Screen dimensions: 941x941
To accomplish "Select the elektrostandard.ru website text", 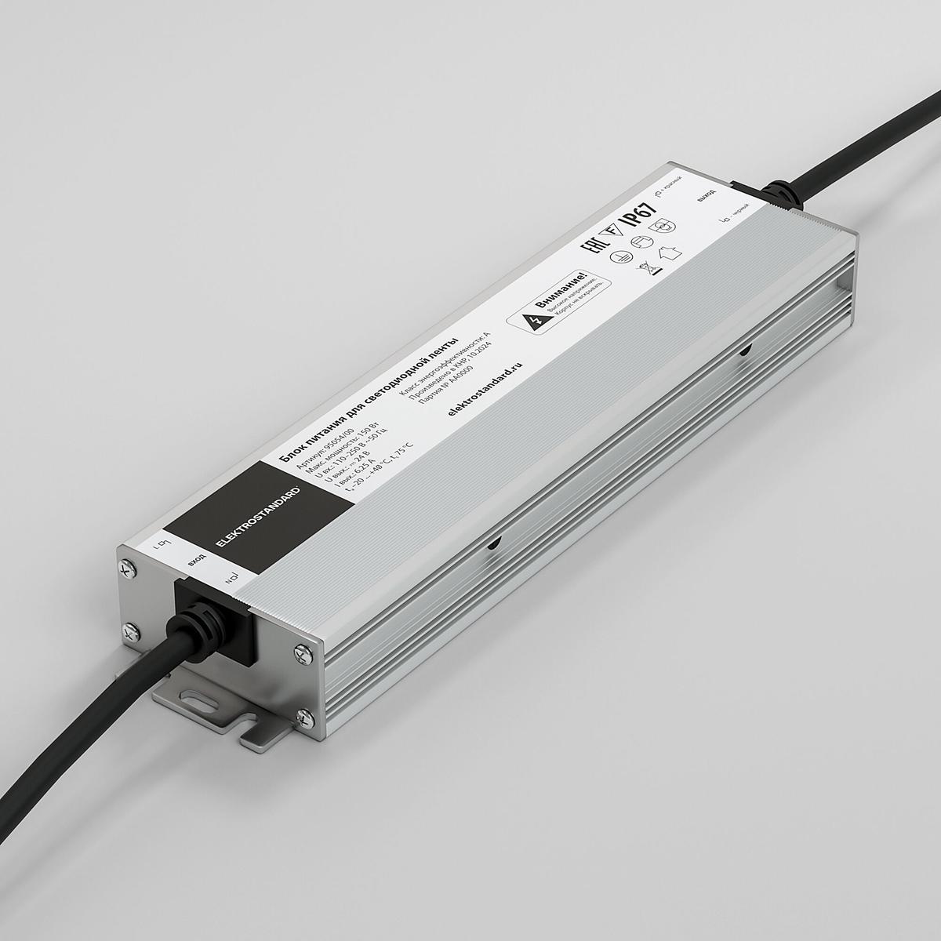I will [x=483, y=387].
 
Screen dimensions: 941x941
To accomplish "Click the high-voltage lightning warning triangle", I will [x=536, y=321].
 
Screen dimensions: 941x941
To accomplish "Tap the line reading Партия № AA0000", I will [x=455, y=369].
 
